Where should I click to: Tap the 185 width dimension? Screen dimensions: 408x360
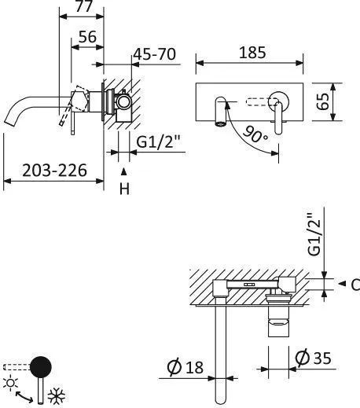tap(250, 53)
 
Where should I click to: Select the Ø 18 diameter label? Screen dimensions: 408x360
tap(186, 366)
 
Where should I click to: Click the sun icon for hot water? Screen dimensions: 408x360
tap(10, 383)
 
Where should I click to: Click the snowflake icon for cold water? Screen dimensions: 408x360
tap(56, 395)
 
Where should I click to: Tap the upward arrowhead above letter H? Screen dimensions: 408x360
tap(123, 171)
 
